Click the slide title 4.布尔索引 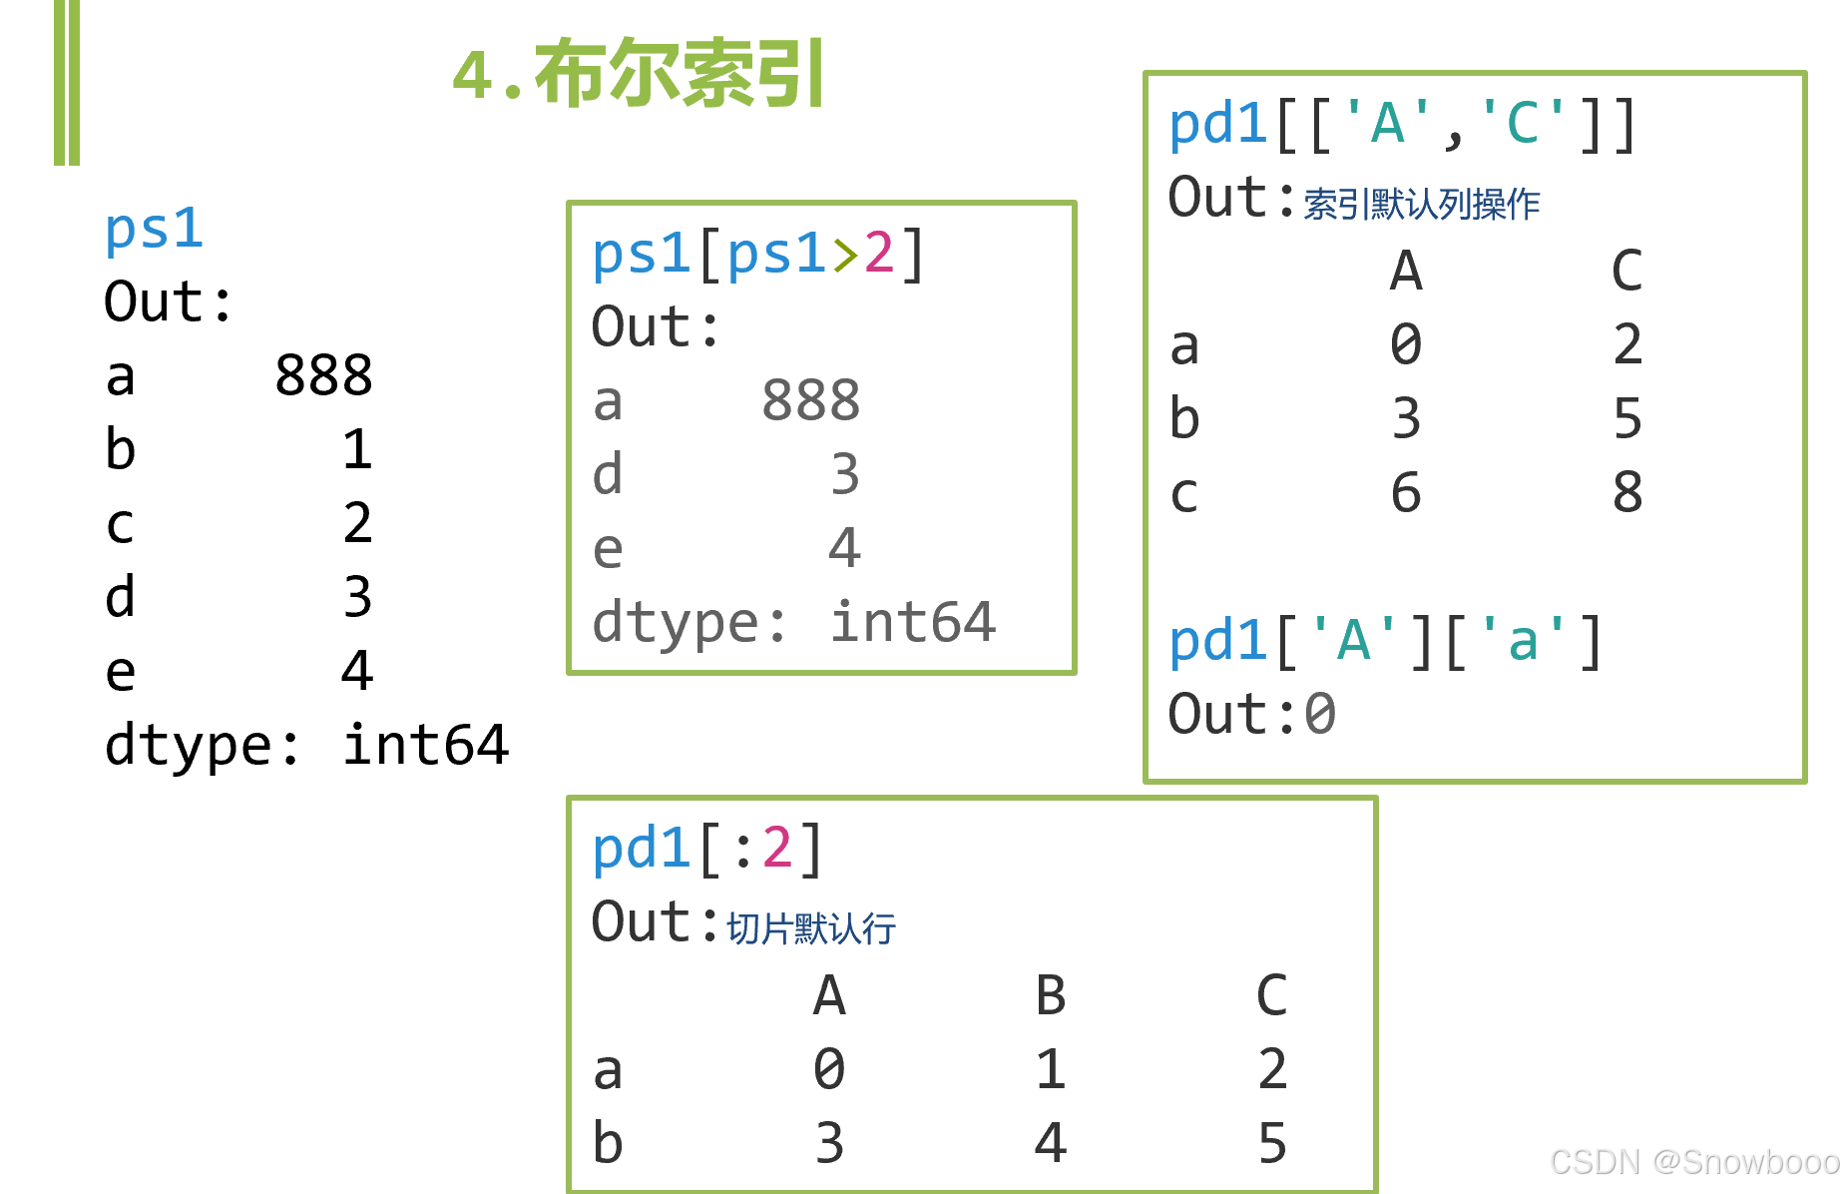coord(639,74)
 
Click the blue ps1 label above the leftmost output coord(154,229)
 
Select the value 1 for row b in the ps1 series coord(356,449)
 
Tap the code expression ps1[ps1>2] coord(758,254)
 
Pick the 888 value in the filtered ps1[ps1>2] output coord(810,401)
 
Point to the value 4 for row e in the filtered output coord(844,548)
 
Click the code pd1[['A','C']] coord(1402,125)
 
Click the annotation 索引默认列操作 coord(1422,205)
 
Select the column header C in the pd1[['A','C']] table coord(1626,271)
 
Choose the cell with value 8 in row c coord(1626,492)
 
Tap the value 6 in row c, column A coord(1405,492)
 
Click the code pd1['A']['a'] coord(1385,641)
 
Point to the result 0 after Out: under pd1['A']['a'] coord(1319,715)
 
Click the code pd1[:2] coord(707,850)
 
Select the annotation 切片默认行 coord(810,928)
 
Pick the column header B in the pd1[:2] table coord(1050,995)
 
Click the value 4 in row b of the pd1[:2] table coord(1050,1143)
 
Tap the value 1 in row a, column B coord(1050,1069)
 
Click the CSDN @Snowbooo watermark coord(1693,1162)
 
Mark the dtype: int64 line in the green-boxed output coord(793,622)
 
